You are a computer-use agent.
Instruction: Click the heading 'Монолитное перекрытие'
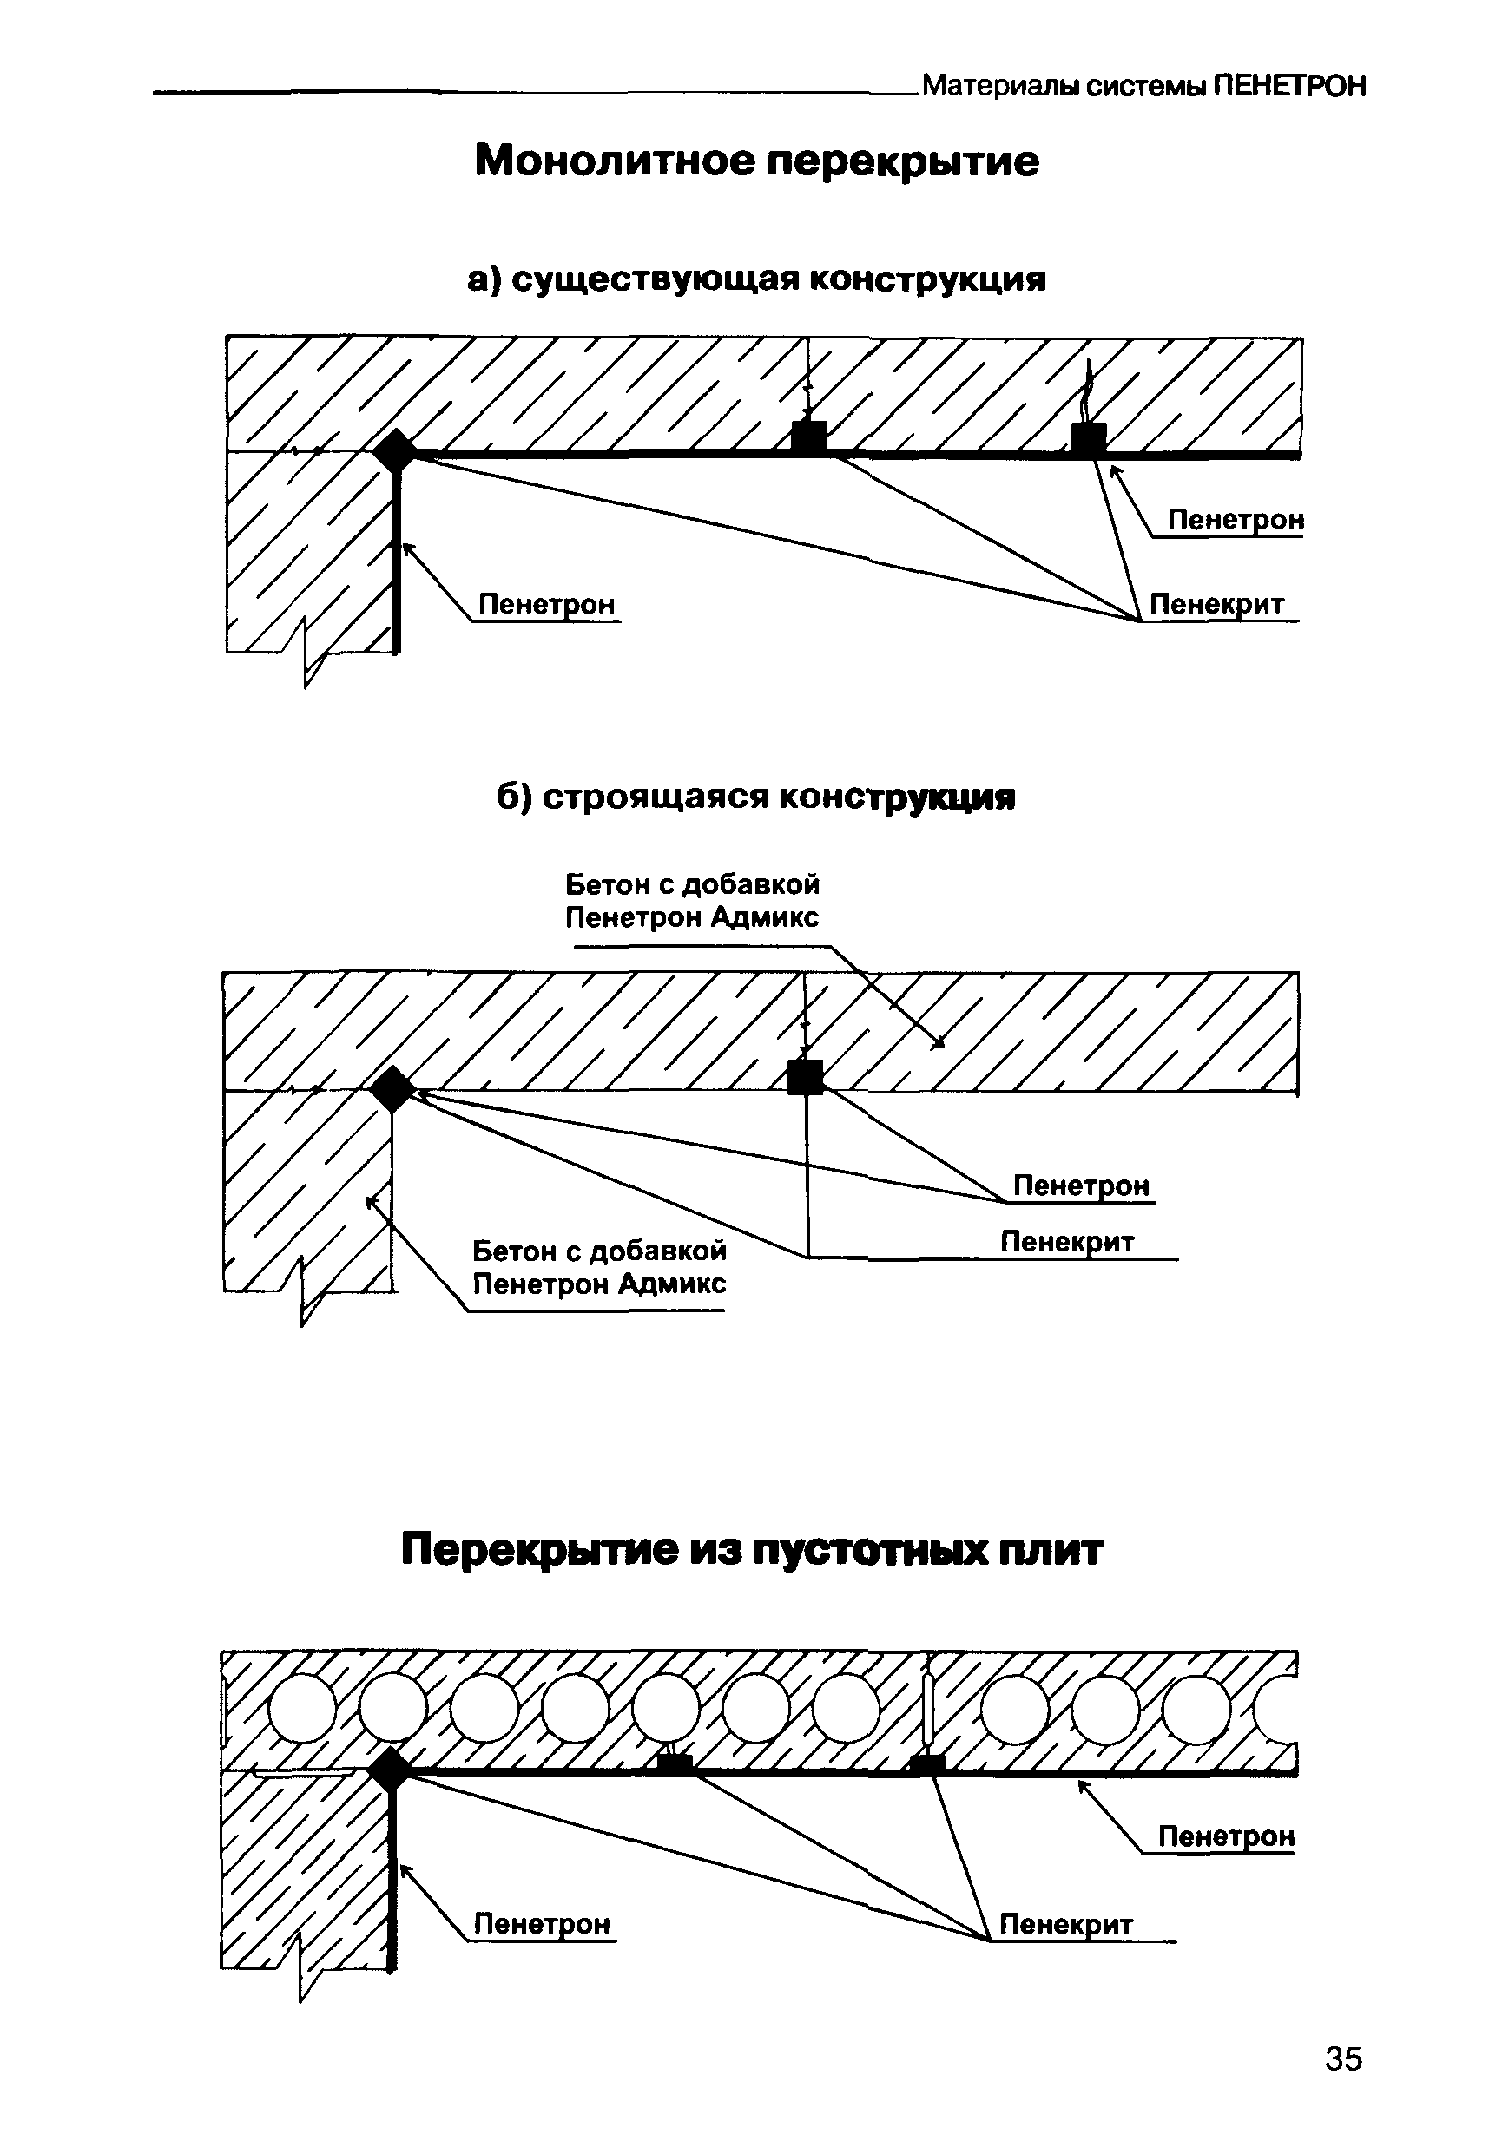(756, 161)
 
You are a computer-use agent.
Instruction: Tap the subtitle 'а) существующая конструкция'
(756, 279)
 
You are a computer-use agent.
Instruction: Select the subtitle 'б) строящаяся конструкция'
(755, 798)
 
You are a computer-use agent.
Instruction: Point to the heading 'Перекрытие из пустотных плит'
(752, 1551)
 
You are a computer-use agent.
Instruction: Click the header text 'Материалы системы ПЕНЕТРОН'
(1144, 87)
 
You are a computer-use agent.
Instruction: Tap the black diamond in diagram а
(395, 452)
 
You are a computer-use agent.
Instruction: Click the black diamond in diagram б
(392, 1089)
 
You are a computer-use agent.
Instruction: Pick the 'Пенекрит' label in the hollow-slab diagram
(1066, 1924)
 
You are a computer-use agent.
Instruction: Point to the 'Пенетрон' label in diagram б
(1081, 1185)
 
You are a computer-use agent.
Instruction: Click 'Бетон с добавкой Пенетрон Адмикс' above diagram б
(692, 901)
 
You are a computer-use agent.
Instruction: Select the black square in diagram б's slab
(806, 1077)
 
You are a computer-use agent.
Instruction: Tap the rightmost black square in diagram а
(1089, 439)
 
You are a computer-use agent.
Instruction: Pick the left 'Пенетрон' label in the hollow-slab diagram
(542, 1924)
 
